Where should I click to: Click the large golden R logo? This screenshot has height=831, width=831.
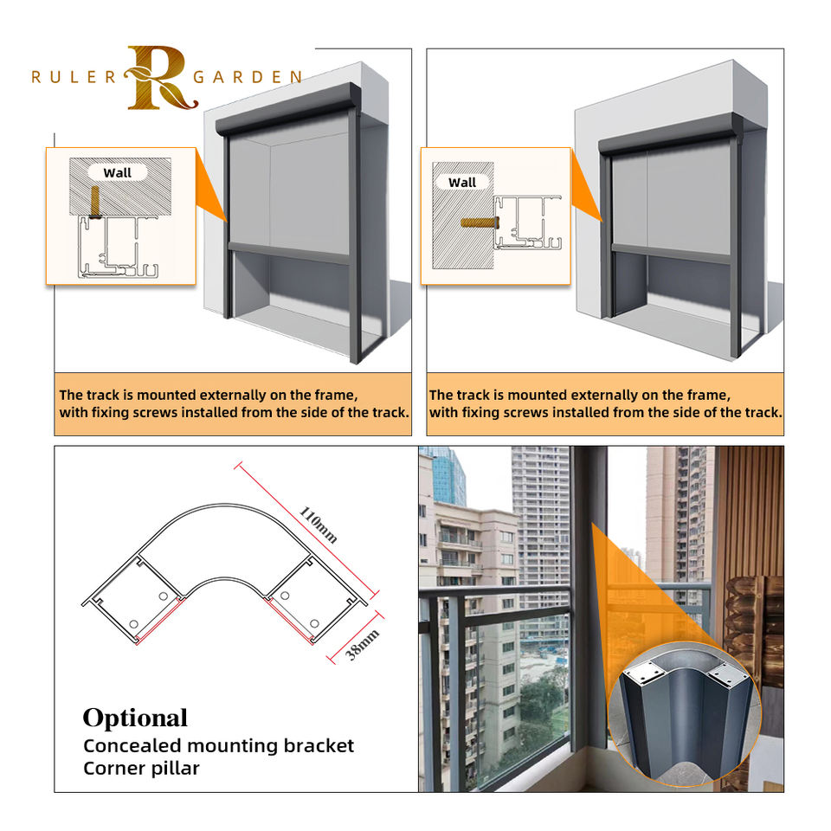tap(156, 78)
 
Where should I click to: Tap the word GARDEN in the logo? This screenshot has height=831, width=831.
tap(248, 77)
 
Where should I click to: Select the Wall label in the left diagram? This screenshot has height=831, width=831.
tap(118, 172)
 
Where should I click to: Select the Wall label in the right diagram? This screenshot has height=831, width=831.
tap(462, 182)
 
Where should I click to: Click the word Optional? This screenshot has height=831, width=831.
tap(135, 718)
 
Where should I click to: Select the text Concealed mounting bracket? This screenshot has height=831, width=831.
tap(218, 745)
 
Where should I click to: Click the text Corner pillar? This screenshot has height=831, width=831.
tap(141, 768)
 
